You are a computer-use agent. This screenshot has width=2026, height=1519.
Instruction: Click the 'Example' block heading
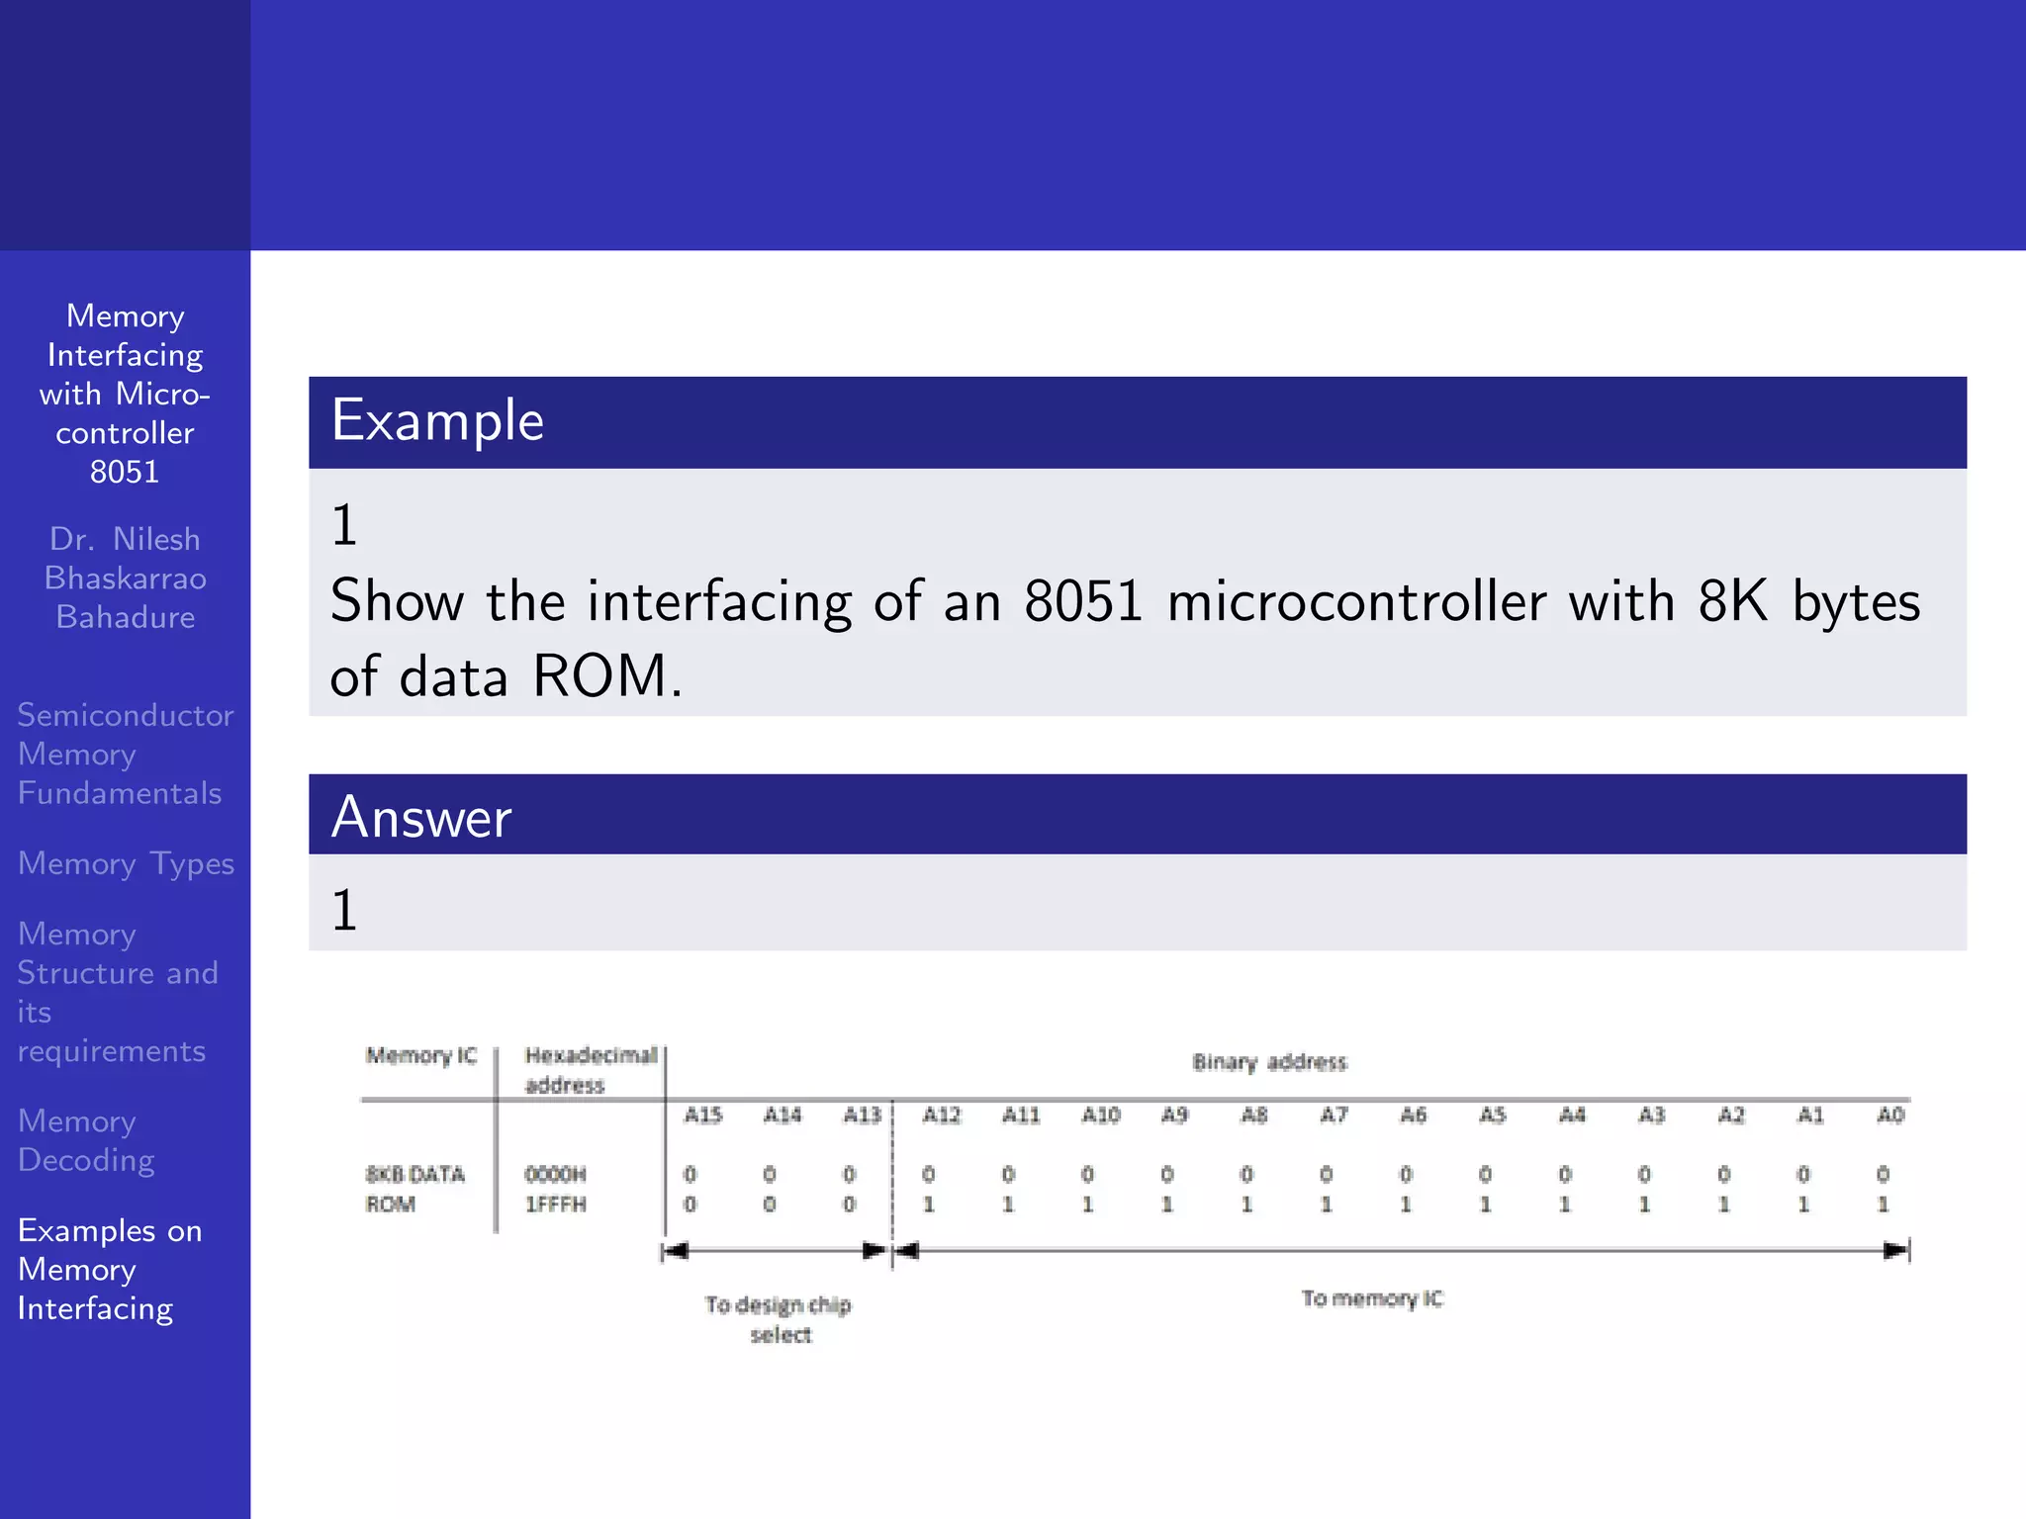coord(437,420)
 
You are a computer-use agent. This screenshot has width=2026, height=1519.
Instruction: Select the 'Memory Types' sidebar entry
coord(126,863)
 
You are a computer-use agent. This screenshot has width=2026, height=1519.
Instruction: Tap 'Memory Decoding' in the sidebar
coord(87,1140)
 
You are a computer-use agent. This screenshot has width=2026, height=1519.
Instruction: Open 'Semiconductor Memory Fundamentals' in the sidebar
coord(125,754)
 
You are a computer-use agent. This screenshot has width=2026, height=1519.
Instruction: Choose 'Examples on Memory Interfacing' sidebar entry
coord(110,1269)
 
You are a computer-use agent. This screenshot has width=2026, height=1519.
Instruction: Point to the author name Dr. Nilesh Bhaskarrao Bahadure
coord(126,578)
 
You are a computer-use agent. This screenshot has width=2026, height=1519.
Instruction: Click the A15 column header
coord(702,1116)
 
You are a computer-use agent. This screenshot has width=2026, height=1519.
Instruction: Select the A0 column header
coord(1889,1116)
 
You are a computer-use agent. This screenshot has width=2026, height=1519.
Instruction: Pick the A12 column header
coord(941,1116)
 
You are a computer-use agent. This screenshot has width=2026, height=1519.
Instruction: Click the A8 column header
coord(1253,1116)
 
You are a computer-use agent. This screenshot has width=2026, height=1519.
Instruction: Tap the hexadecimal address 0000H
coord(555,1174)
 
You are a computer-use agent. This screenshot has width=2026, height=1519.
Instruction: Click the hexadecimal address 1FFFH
coord(555,1205)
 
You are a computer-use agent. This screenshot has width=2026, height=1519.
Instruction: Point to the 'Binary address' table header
coord(1269,1062)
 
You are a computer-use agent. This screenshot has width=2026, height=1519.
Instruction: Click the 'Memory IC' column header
coord(421,1055)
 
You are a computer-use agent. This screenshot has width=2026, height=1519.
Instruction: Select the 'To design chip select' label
coord(779,1319)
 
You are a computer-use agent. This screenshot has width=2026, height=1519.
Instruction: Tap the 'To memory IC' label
coord(1372,1298)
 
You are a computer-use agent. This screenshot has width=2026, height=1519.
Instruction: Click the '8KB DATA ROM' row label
coord(414,1189)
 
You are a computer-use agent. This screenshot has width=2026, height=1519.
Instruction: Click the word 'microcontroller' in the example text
coord(1356,601)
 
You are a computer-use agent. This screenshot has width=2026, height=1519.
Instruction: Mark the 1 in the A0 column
coord(1883,1205)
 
